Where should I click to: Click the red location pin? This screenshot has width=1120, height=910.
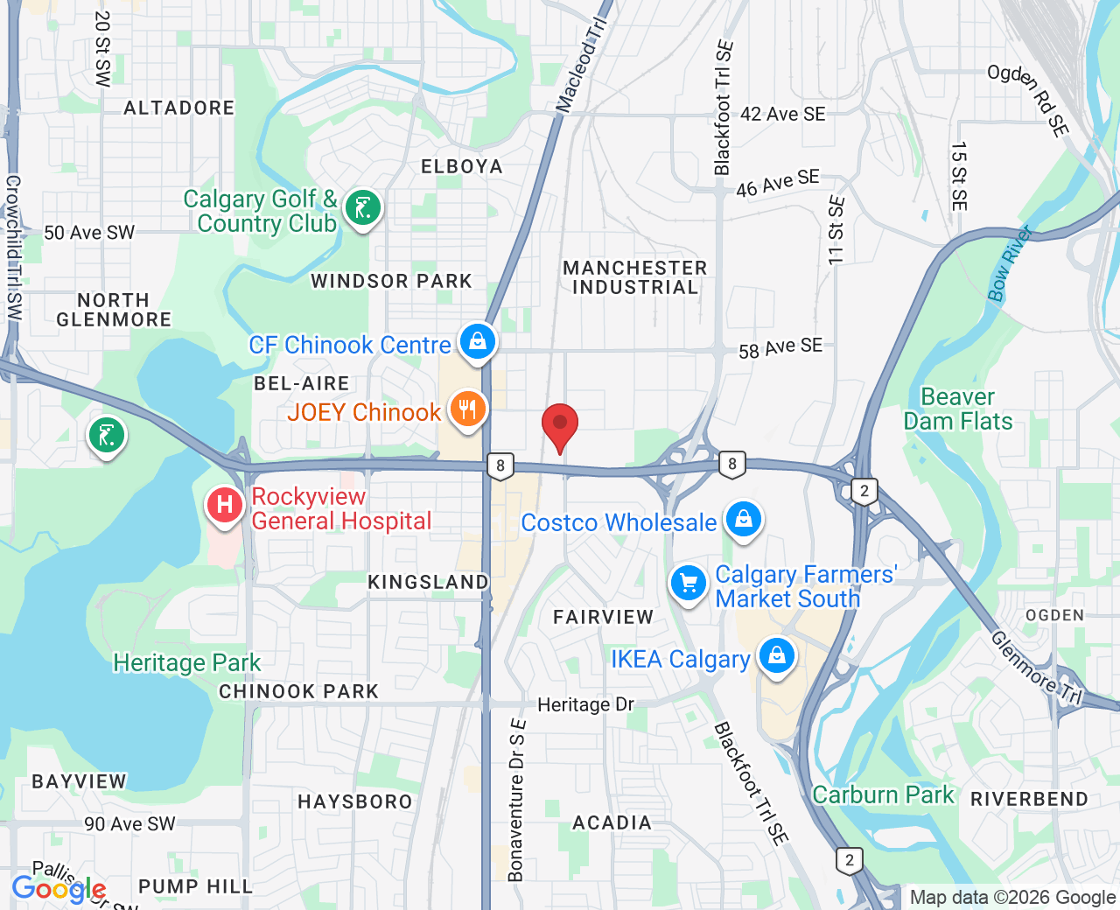pyautogui.click(x=560, y=426)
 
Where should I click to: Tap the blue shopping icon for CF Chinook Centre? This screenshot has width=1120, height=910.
pyautogui.click(x=478, y=341)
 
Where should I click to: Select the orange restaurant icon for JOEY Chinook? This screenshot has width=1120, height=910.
pyautogui.click(x=468, y=409)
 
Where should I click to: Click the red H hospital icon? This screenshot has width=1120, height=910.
pyautogui.click(x=225, y=505)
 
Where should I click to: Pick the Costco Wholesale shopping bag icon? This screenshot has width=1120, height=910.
pyautogui.click(x=744, y=519)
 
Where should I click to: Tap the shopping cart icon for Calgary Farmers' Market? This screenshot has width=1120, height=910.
pyautogui.click(x=689, y=583)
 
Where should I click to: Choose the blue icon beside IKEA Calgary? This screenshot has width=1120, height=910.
pyautogui.click(x=776, y=655)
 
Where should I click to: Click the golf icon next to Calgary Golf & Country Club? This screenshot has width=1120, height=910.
pyautogui.click(x=362, y=208)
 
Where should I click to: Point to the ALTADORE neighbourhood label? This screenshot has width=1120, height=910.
pyautogui.click(x=179, y=108)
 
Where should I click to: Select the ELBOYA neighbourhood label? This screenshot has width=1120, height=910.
pyautogui.click(x=462, y=166)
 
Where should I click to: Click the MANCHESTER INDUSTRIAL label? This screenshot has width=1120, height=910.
pyautogui.click(x=635, y=277)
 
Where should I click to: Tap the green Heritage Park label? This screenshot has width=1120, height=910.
pyautogui.click(x=187, y=662)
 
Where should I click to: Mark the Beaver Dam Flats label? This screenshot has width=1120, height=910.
pyautogui.click(x=958, y=409)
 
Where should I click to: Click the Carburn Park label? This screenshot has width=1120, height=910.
pyautogui.click(x=883, y=794)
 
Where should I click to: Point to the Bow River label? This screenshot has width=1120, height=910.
pyautogui.click(x=1010, y=263)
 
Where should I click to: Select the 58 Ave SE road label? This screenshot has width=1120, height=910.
pyautogui.click(x=780, y=348)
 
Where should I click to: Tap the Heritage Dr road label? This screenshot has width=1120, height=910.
pyautogui.click(x=585, y=704)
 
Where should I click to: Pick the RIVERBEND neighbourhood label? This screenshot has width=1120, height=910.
pyautogui.click(x=1030, y=799)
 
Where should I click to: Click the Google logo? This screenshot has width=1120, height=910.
pyautogui.click(x=59, y=889)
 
